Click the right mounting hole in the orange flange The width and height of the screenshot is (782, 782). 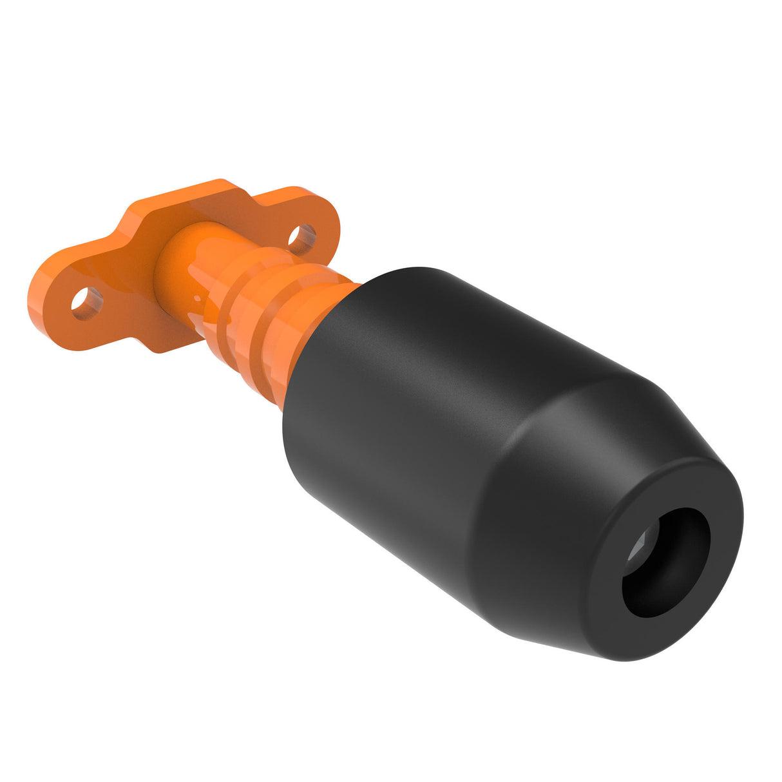click(x=301, y=236)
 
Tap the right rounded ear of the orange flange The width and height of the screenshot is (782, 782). click(x=316, y=213)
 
